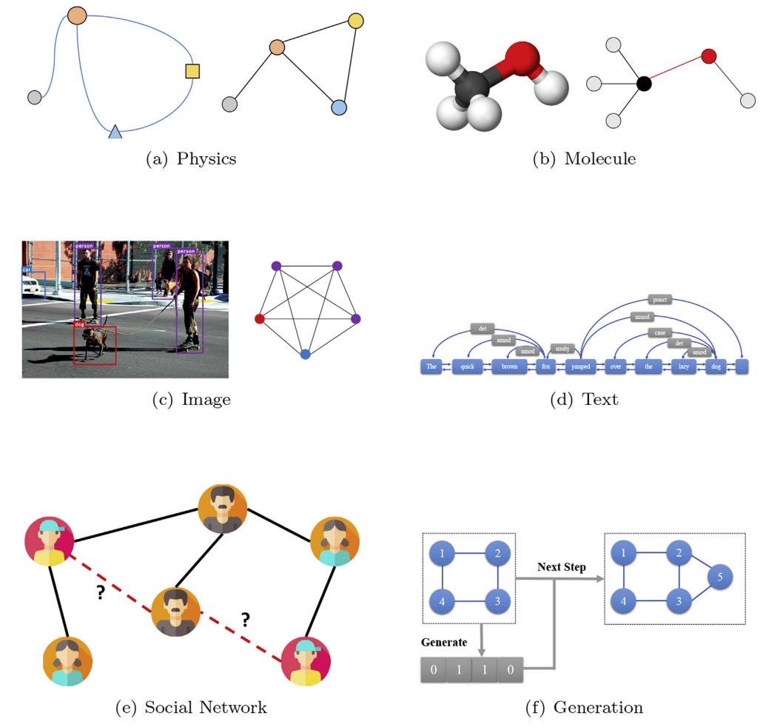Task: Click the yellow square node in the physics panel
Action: tap(192, 71)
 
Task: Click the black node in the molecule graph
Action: tap(644, 84)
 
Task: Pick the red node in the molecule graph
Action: tap(708, 56)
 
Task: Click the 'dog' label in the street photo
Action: tap(79, 324)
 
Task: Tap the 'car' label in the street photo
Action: tap(27, 270)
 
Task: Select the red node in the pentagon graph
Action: tap(259, 318)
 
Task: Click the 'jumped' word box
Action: tap(580, 366)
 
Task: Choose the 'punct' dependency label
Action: tap(657, 300)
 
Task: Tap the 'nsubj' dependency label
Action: tap(561, 349)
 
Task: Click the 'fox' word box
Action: tap(545, 366)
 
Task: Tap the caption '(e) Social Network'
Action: tap(192, 708)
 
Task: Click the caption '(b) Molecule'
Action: tap(585, 158)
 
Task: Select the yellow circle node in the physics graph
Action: tap(355, 21)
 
